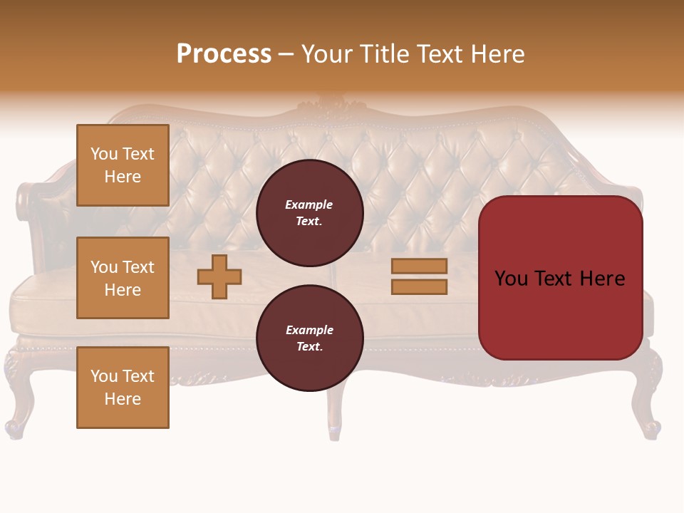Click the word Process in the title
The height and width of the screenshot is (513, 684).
point(224,54)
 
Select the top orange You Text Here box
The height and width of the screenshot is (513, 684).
point(123,165)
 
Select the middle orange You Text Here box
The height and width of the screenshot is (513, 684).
point(123,278)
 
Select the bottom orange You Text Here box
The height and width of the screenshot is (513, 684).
point(123,387)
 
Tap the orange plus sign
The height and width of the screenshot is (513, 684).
point(219,276)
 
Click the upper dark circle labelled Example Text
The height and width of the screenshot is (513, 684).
point(309,213)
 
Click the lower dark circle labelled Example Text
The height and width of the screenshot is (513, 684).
point(309,338)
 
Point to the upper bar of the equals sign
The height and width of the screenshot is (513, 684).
point(419,266)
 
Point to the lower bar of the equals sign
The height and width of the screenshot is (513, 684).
point(419,286)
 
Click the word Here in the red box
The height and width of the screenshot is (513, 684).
point(602,279)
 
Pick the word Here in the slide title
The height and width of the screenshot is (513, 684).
point(497,54)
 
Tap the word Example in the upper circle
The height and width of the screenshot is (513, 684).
point(309,204)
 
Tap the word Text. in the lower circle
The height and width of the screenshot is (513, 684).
point(309,346)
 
